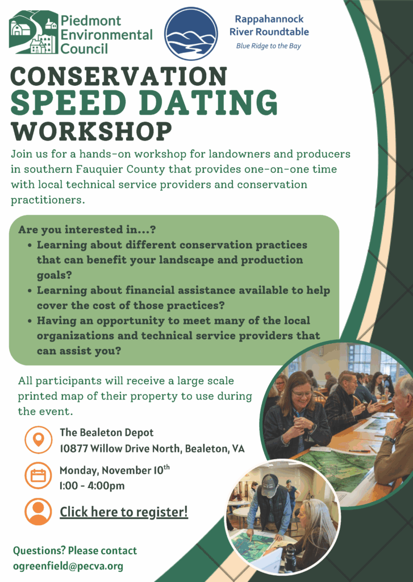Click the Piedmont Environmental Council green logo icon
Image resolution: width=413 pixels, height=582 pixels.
[x=34, y=32]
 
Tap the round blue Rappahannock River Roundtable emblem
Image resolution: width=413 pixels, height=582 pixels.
[x=191, y=34]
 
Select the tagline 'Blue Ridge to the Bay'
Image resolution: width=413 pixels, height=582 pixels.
[x=269, y=46]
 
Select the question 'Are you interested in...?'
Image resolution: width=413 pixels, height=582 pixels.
[x=87, y=230]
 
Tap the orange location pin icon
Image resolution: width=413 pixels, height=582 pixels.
[x=39, y=440]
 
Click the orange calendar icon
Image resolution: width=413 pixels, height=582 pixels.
[x=39, y=475]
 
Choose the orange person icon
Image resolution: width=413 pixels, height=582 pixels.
[x=39, y=511]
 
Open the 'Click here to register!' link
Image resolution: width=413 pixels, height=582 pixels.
[x=124, y=512]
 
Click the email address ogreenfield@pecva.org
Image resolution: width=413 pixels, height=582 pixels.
[x=68, y=566]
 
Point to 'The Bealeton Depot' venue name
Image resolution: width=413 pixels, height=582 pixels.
[x=107, y=433]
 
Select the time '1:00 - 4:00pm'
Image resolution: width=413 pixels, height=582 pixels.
[x=92, y=485]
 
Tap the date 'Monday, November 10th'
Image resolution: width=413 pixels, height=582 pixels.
[x=114, y=471]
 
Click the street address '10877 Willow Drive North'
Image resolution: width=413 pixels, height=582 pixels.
[x=119, y=448]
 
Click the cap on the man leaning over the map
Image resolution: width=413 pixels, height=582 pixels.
[x=270, y=483]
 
